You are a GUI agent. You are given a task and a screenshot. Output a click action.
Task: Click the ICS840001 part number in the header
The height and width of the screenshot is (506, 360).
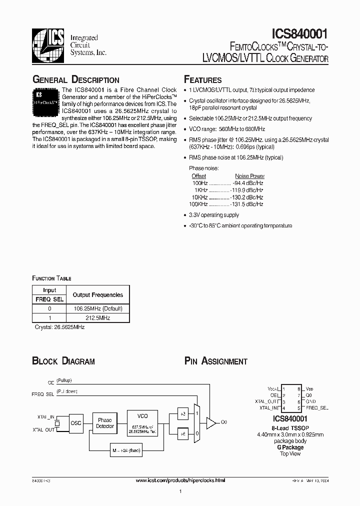click(300, 34)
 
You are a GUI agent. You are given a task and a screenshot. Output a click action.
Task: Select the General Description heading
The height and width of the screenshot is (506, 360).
click(75, 80)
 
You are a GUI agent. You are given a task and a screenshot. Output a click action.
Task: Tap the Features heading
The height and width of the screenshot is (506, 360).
click(202, 80)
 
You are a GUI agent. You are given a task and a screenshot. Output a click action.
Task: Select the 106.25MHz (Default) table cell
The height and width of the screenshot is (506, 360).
click(97, 308)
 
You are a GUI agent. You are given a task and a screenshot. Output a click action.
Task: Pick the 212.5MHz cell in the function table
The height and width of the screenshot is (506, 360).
click(97, 317)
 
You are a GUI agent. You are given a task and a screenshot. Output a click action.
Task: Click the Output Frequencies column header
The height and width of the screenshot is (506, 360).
click(97, 295)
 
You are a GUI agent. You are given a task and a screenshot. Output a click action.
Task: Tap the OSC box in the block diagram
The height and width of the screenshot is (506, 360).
click(75, 423)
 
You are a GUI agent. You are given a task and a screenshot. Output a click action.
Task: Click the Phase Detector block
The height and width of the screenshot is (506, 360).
click(105, 423)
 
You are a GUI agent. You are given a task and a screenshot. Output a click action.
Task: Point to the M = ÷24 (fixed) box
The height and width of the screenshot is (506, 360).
click(127, 450)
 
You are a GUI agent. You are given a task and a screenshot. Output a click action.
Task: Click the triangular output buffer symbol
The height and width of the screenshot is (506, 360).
click(212, 423)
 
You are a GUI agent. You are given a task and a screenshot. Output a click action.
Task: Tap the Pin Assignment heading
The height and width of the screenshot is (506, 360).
click(215, 361)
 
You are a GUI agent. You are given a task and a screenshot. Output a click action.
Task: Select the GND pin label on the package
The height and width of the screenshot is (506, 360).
click(310, 401)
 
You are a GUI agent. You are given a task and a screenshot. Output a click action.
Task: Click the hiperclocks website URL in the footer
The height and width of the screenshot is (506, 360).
click(180, 480)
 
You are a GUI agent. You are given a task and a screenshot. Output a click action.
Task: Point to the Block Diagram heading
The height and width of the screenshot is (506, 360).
click(63, 361)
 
